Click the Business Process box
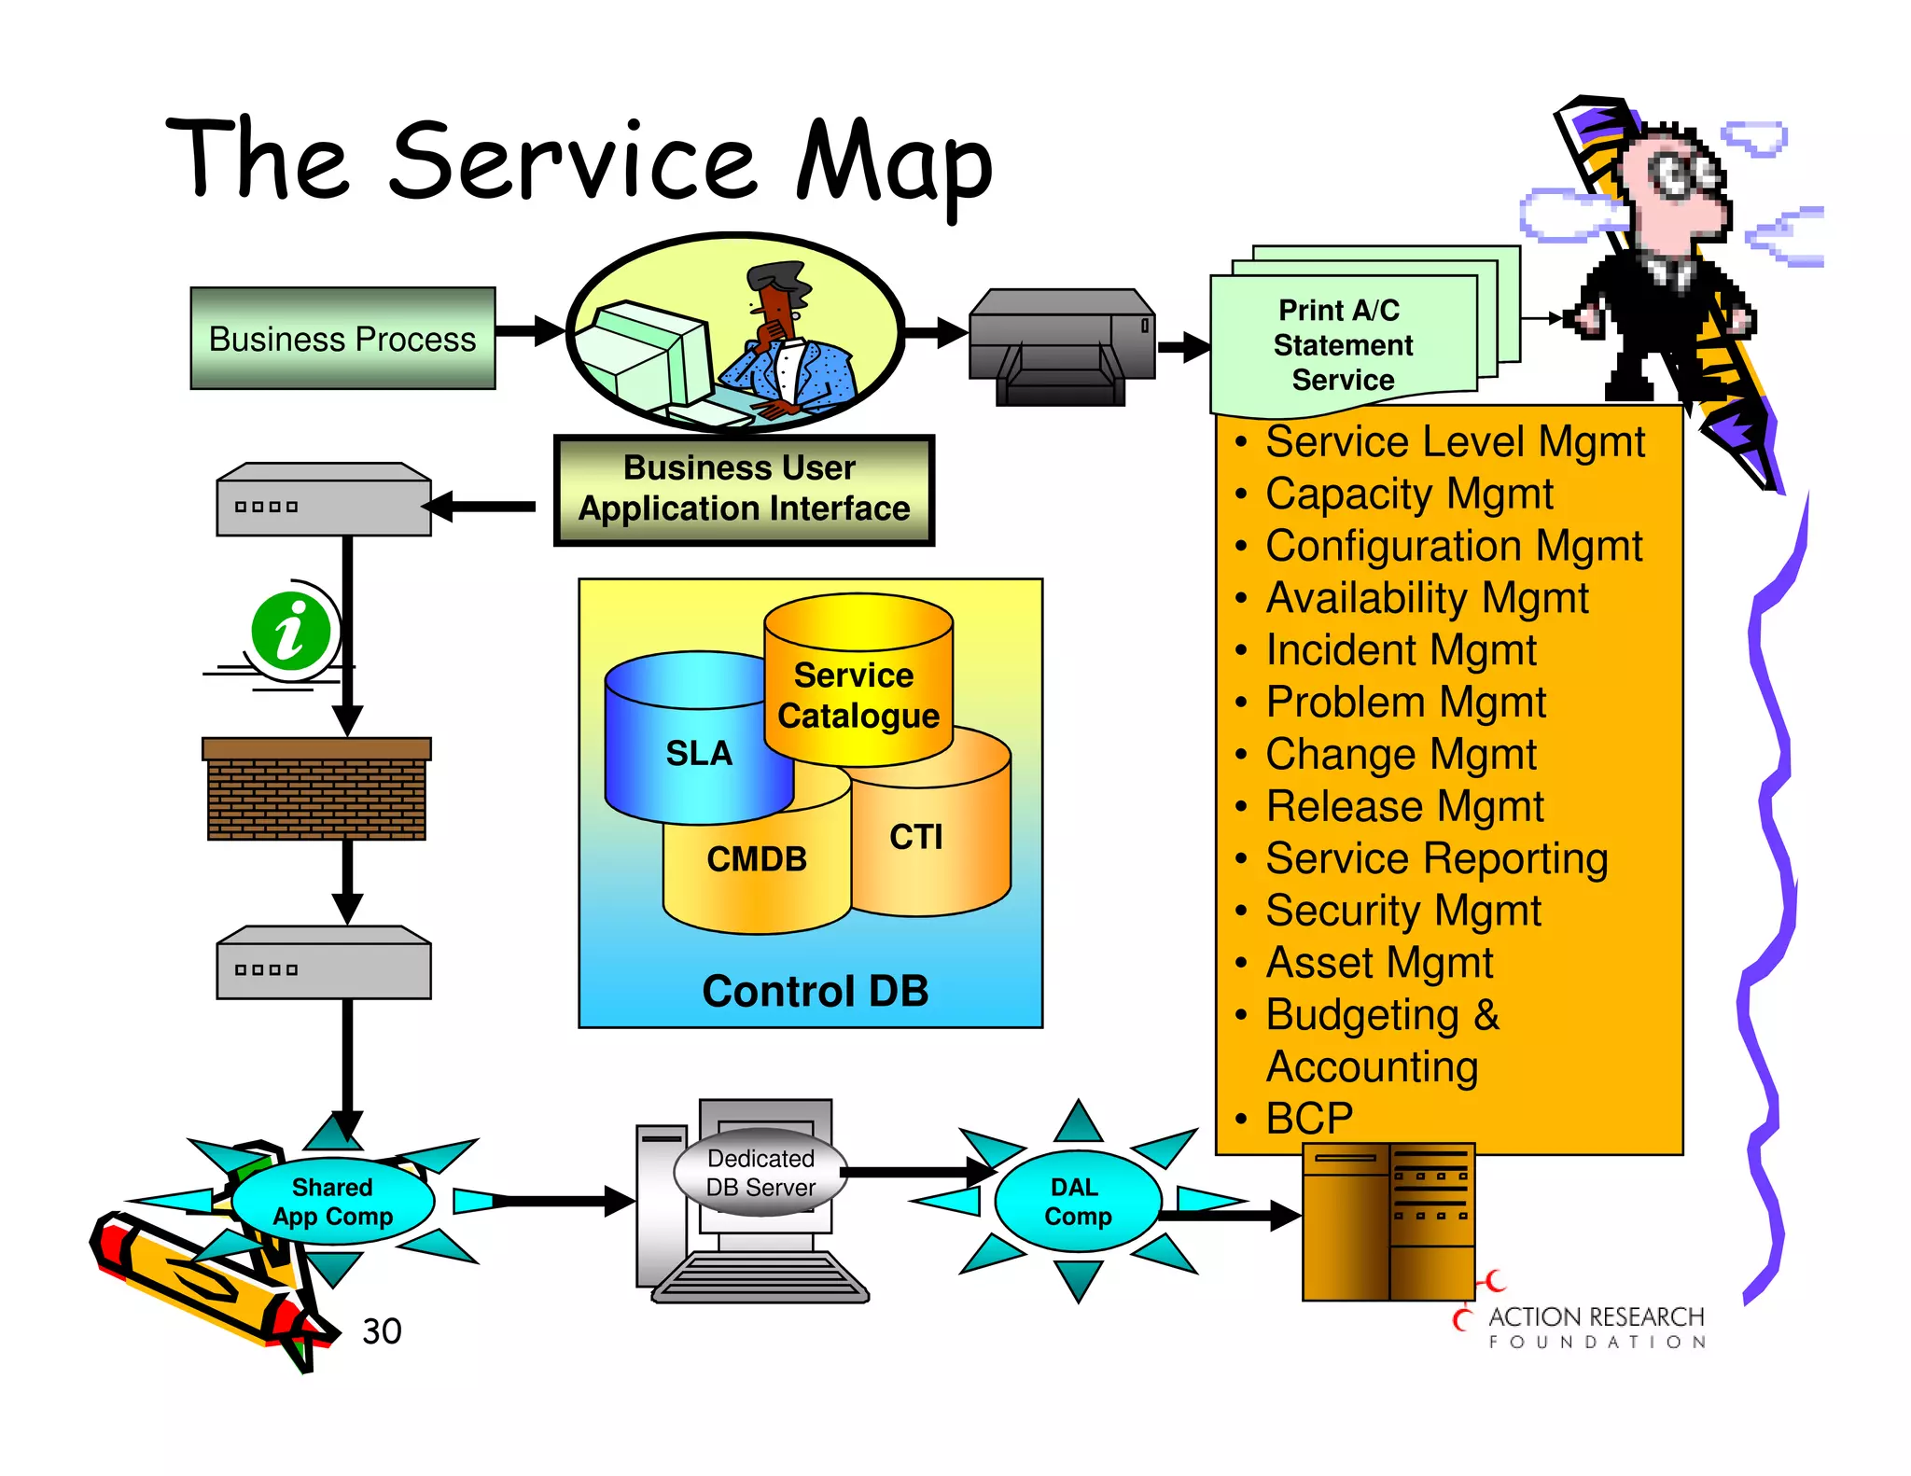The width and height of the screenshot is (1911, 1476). click(342, 339)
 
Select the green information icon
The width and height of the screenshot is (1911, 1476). click(291, 632)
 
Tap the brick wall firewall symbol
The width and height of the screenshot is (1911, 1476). click(316, 790)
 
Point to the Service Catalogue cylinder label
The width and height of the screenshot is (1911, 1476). click(858, 695)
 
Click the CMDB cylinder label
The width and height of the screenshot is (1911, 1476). click(757, 859)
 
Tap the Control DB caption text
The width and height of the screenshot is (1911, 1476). click(815, 991)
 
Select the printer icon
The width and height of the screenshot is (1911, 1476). click(1062, 346)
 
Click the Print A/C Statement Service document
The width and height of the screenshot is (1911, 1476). click(1343, 345)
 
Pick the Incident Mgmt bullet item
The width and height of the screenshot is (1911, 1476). click(1400, 650)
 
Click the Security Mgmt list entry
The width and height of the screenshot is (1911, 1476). click(1402, 911)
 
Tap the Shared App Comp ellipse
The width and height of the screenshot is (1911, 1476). click(332, 1202)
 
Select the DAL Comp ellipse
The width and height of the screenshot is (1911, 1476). click(1078, 1202)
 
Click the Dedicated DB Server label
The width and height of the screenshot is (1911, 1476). click(760, 1173)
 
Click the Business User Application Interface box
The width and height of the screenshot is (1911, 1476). click(744, 489)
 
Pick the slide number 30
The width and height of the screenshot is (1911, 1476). click(382, 1331)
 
